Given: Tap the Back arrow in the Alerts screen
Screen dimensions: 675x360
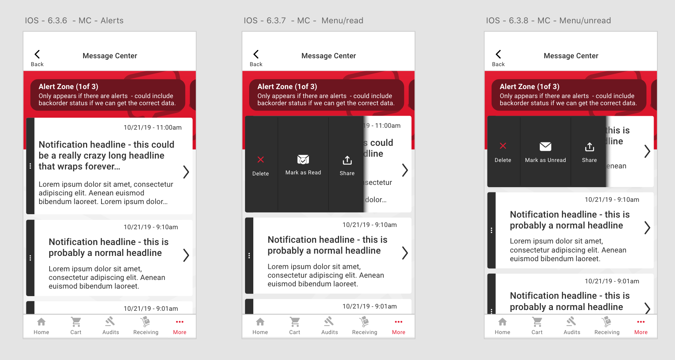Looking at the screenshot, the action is click(x=37, y=54).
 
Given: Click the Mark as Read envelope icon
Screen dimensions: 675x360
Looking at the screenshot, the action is click(x=303, y=159).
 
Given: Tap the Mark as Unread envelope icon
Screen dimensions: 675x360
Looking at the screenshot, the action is click(x=545, y=147).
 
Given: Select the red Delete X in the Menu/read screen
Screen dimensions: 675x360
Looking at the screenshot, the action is click(x=260, y=159).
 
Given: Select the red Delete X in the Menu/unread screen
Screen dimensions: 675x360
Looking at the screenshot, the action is click(x=503, y=146).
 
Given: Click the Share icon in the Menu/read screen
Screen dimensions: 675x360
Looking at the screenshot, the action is click(x=347, y=160).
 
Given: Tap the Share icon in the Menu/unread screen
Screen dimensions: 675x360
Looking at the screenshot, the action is click(x=590, y=147).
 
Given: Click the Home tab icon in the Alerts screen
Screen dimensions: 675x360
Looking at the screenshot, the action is click(x=41, y=322).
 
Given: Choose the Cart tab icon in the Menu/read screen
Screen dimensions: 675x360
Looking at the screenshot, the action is click(x=295, y=322).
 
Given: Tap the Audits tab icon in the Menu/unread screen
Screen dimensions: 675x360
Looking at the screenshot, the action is click(x=571, y=321).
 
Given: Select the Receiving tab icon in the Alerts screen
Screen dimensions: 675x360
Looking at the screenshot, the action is click(x=145, y=321).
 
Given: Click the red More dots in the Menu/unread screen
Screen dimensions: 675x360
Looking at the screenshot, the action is click(x=641, y=322).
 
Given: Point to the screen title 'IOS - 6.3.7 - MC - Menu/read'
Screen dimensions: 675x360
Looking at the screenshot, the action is click(x=303, y=21).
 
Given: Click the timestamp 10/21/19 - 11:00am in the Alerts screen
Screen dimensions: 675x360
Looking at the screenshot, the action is click(x=153, y=127).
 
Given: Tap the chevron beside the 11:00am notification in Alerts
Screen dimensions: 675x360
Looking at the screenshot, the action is click(x=186, y=172).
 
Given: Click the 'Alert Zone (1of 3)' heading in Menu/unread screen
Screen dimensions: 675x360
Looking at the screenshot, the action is click(x=530, y=86).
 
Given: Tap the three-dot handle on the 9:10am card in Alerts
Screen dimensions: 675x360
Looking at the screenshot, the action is click(x=30, y=258).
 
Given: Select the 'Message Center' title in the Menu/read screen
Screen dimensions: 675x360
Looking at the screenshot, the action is click(x=328, y=56).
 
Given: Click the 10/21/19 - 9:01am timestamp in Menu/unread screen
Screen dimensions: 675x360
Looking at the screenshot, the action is click(x=612, y=281).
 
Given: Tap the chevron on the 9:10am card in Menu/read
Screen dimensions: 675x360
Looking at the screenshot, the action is click(x=405, y=253).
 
